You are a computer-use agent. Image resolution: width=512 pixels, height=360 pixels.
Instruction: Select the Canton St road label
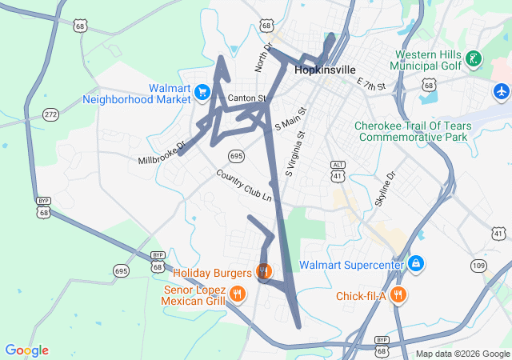click(x=246, y=98)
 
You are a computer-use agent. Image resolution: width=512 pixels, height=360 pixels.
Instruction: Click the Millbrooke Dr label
click(x=161, y=150)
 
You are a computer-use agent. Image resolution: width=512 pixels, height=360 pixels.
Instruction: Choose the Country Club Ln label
click(x=244, y=186)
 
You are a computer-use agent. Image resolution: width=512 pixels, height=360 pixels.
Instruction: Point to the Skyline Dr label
click(x=385, y=190)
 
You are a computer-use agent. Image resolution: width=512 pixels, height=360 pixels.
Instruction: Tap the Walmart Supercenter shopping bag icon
click(x=415, y=264)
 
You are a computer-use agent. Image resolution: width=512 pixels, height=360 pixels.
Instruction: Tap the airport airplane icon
click(x=502, y=91)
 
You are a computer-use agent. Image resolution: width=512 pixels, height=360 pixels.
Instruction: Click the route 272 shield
click(x=51, y=115)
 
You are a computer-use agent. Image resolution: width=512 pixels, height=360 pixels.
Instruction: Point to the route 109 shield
click(x=478, y=265)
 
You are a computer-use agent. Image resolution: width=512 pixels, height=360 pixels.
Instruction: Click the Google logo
click(x=26, y=350)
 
